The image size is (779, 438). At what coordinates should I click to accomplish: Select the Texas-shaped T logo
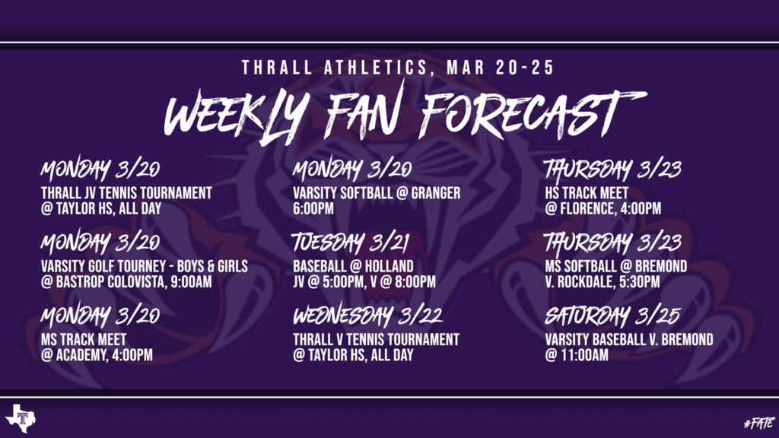point(21,418)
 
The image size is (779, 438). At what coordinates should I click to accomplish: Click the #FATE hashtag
point(759,423)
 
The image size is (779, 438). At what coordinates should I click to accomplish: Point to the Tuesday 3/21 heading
point(350,243)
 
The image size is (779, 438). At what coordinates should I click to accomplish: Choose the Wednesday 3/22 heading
point(367,316)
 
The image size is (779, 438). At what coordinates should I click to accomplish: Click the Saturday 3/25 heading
point(612,316)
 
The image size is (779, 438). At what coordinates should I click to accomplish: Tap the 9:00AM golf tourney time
point(191,282)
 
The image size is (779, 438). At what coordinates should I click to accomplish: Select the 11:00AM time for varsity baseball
point(583,355)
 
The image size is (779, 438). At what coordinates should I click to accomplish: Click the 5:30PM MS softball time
point(640,282)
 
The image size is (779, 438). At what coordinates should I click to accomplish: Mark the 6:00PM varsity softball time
point(313,208)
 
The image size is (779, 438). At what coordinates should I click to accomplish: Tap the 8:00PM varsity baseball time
point(415,282)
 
